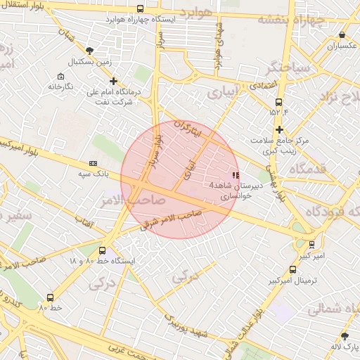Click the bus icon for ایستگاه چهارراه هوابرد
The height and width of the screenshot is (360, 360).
pos(140,9)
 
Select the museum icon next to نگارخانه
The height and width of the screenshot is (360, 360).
pos(60,76)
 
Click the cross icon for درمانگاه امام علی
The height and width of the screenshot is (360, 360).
pos(113,82)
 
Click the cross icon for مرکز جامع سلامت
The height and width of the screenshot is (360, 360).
pos(280,129)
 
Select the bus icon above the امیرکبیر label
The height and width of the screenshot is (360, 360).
pos(311,244)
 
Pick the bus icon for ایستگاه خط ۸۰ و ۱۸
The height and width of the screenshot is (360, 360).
pos(103,250)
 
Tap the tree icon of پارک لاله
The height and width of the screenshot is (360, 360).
pos(345,336)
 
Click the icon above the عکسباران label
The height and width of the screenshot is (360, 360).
pos(342,34)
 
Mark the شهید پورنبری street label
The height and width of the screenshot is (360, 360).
pos(187,325)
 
